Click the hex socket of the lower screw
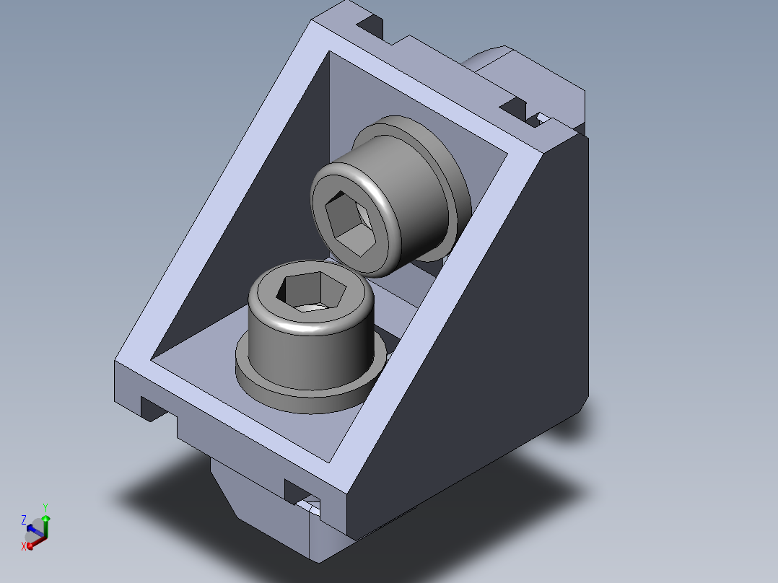click(x=310, y=291)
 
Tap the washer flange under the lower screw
click(x=310, y=392)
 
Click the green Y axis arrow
click(x=45, y=526)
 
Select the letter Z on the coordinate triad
click(x=23, y=520)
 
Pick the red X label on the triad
click(x=23, y=546)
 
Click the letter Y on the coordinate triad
click(x=45, y=508)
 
